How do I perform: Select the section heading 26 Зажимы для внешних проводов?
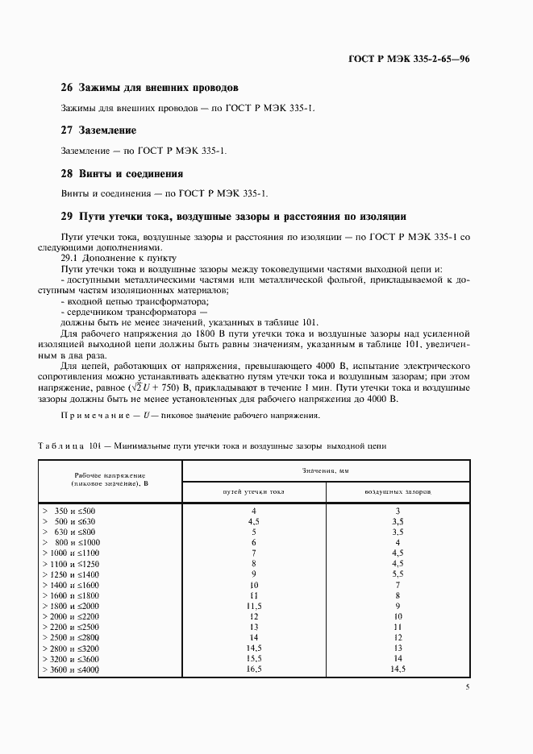(149, 87)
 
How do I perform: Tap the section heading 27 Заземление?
(98, 130)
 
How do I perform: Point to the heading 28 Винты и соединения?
(122, 173)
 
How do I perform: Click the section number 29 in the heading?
(67, 216)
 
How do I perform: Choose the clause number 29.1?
(71, 258)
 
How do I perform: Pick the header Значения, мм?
(326, 469)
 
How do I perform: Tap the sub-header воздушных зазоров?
(398, 491)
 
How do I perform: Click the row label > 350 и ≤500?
(69, 512)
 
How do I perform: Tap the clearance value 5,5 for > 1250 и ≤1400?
(397, 574)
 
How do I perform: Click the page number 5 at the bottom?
(468, 687)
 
